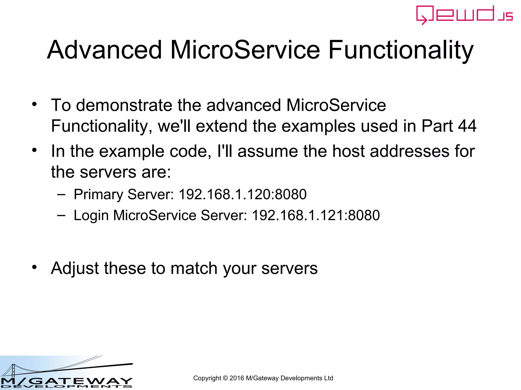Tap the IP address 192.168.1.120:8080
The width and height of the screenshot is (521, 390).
(x=242, y=194)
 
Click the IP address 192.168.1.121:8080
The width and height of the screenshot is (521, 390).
(x=316, y=215)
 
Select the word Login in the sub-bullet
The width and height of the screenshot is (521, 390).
(x=91, y=216)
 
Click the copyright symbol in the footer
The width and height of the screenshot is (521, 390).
(x=225, y=378)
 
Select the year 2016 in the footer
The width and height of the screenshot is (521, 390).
(x=237, y=378)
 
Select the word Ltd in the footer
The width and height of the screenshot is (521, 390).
(x=328, y=378)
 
